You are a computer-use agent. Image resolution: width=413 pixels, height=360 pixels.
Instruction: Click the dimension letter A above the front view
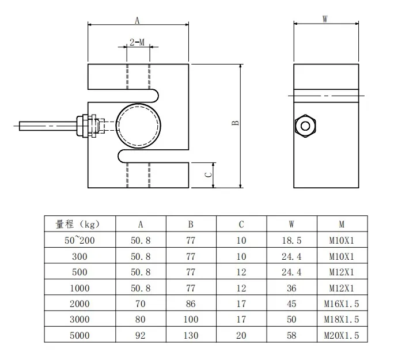137,20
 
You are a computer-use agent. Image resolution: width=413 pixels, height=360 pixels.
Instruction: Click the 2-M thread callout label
137,43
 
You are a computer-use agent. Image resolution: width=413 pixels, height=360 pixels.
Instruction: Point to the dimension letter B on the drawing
235,124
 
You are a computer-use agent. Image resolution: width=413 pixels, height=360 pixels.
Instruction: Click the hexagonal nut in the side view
304,125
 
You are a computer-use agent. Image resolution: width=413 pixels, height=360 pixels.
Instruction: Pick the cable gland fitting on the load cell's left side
89,124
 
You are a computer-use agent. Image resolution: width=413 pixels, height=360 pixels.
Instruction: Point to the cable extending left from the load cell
46,124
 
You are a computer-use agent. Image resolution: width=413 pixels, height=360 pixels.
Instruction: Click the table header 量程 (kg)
80,224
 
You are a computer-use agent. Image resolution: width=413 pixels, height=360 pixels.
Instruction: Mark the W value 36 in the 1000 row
292,287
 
